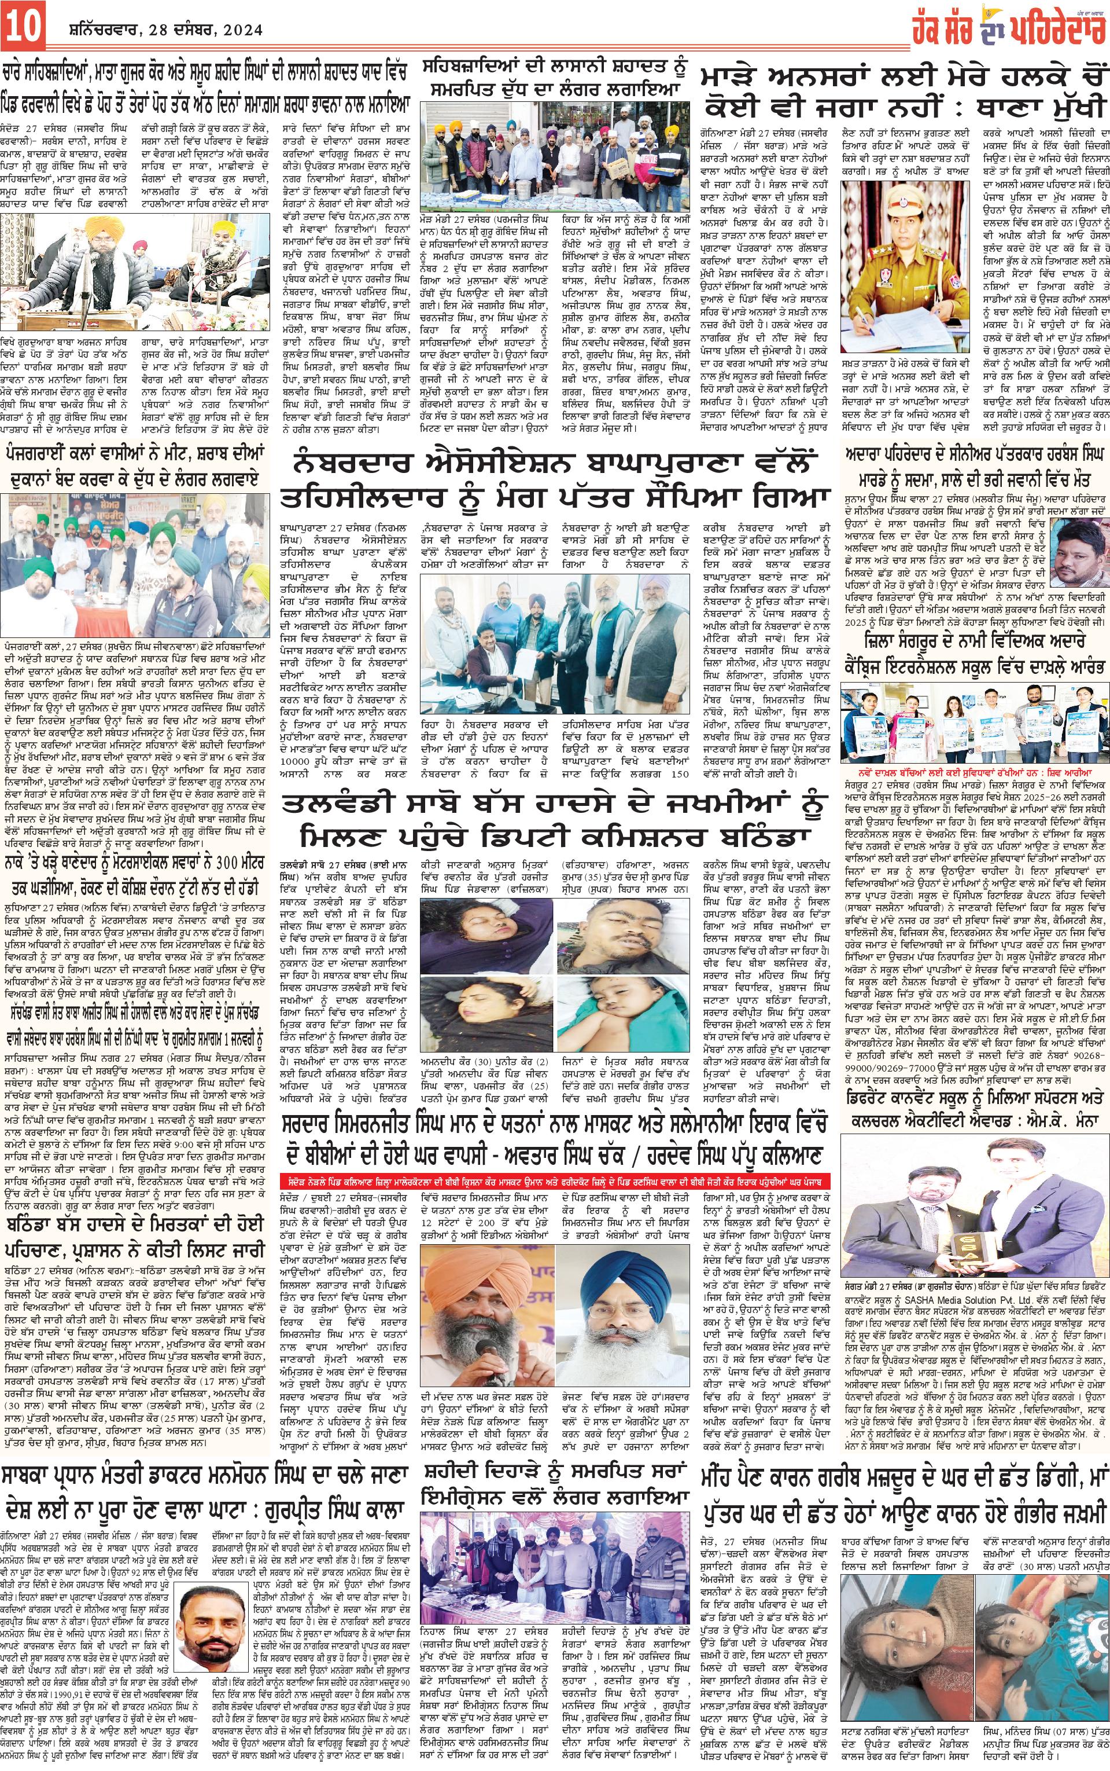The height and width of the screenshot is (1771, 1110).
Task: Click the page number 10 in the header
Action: [x=27, y=27]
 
